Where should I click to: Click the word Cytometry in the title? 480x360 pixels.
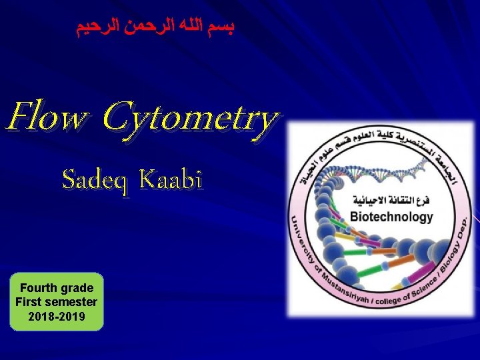coord(191,119)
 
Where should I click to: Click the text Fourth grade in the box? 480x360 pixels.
coord(57,288)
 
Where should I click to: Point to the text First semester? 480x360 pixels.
coord(57,302)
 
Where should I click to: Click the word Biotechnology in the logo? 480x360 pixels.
coord(391,217)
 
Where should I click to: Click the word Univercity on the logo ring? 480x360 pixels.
coord(299,240)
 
